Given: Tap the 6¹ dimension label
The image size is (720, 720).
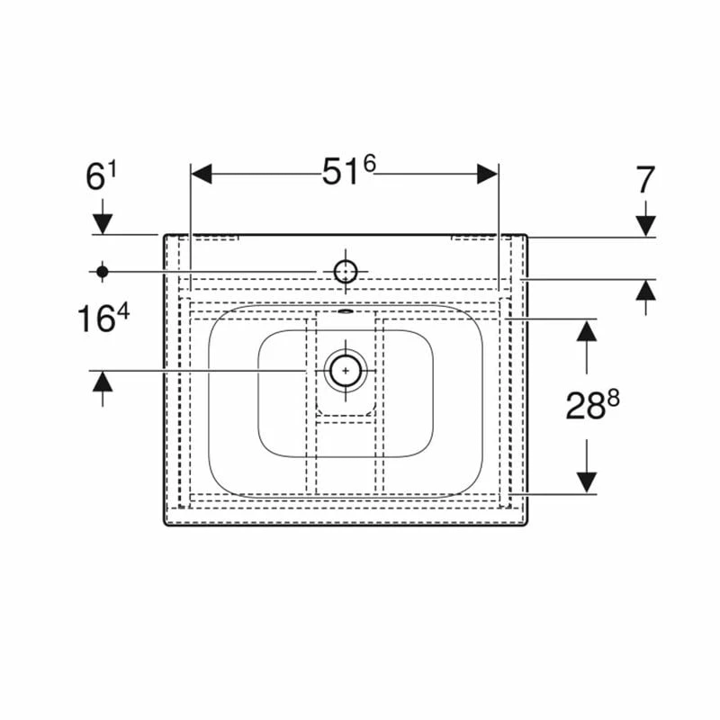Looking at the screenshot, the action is coord(102,176).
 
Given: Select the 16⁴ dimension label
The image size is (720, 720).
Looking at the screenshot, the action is coord(103,319).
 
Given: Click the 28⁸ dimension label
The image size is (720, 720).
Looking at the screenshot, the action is coord(592,405).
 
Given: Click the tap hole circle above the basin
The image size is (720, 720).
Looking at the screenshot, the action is coord(346,272).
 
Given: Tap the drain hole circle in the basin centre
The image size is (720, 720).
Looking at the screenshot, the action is coord(346,370).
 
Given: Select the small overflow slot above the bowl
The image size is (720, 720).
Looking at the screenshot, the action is coord(346,311).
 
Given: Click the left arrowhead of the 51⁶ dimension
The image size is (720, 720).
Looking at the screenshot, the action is coord(201,174).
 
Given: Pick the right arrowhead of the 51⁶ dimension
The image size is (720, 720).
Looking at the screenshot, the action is coord(487,174).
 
